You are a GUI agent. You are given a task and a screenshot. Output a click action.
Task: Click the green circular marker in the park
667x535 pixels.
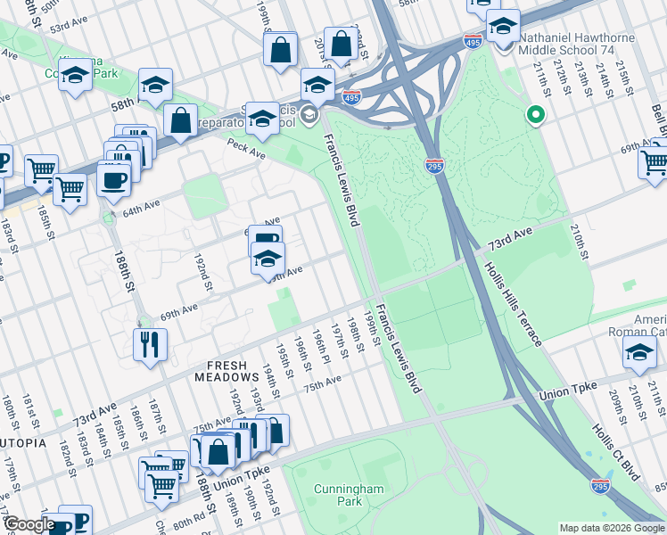click(536, 114)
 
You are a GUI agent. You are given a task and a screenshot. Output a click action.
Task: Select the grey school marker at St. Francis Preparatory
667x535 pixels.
click(309, 113)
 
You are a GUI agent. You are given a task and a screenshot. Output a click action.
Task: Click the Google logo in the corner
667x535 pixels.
click(29, 524)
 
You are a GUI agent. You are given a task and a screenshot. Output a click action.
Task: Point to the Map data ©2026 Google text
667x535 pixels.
click(611, 527)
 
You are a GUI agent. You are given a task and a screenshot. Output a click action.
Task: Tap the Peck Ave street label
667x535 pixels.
click(246, 148)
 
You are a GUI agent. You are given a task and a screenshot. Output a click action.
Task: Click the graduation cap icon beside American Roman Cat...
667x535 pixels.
click(639, 352)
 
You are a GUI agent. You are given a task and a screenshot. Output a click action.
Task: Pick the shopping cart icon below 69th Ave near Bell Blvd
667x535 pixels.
click(654, 163)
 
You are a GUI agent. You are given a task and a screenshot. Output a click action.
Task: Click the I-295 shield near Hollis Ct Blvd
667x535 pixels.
click(600, 485)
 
